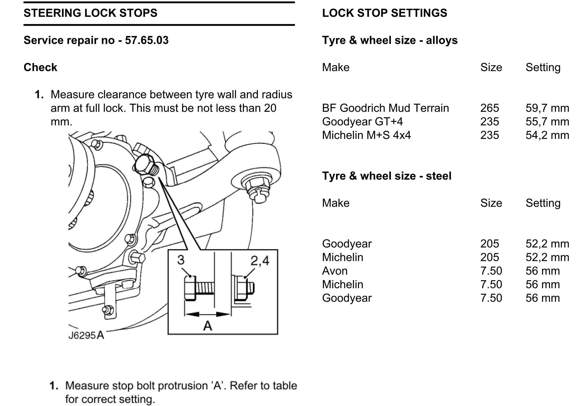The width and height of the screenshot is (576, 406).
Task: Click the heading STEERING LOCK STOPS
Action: tap(90, 13)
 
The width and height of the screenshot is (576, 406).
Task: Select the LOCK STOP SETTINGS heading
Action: tap(384, 13)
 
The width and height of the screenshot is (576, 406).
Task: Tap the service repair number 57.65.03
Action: tap(147, 40)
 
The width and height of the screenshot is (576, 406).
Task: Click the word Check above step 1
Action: tap(40, 67)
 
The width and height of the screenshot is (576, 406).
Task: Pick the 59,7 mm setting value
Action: tap(547, 108)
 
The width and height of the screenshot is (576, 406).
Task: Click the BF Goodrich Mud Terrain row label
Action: tap(385, 108)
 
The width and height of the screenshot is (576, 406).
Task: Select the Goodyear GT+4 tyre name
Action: tap(362, 122)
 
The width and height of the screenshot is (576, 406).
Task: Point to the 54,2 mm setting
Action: tap(547, 135)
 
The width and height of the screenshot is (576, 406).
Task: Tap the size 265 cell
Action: tap(489, 108)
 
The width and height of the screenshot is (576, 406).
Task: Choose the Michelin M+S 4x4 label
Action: tap(366, 135)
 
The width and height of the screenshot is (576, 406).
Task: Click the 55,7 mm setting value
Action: tap(547, 122)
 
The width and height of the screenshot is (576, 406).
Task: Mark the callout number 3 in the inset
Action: tap(181, 260)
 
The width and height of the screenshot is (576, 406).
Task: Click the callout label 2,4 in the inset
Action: tap(260, 261)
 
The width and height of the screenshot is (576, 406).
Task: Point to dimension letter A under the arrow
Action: tap(208, 325)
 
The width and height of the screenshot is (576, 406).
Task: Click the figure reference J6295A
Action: tap(86, 335)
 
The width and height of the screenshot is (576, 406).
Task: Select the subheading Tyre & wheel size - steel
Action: tap(387, 176)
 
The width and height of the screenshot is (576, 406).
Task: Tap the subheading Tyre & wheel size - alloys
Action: tap(390, 40)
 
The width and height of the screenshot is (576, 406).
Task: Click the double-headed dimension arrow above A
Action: tap(208, 314)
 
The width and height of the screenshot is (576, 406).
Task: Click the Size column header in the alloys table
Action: tap(491, 67)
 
